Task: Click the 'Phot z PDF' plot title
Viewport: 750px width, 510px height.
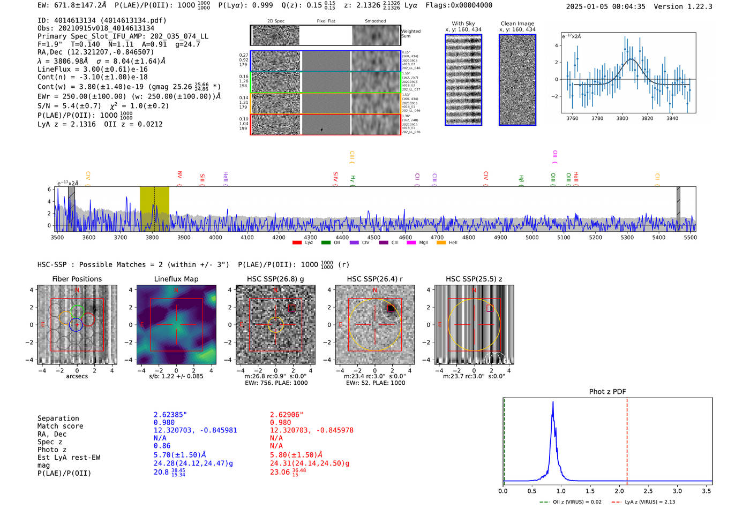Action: pos(607,392)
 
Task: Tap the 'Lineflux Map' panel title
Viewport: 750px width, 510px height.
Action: pos(176,279)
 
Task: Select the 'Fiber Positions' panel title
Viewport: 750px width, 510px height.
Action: pos(77,279)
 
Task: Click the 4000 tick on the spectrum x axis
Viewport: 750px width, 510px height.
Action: pos(215,237)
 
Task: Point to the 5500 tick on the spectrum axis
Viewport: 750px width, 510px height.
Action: pos(690,237)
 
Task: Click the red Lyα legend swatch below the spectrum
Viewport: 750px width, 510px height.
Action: pos(297,243)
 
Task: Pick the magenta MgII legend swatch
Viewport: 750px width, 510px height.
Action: pos(411,243)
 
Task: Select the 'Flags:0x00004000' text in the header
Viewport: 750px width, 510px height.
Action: pos(459,5)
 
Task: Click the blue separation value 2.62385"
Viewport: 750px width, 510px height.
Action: pos(170,415)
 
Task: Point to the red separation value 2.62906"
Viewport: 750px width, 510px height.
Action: pos(287,415)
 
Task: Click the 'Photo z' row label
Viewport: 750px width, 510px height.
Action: pos(52,450)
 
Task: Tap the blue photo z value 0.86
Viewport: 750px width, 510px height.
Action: pos(162,446)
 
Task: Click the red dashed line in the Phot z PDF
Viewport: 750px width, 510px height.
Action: pos(627,439)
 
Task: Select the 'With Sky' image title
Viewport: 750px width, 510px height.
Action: pos(463,24)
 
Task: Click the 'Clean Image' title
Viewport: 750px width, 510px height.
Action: pos(517,24)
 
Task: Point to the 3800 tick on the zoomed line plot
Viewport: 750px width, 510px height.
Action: pos(622,118)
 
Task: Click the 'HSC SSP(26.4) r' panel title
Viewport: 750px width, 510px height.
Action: pos(374,279)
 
